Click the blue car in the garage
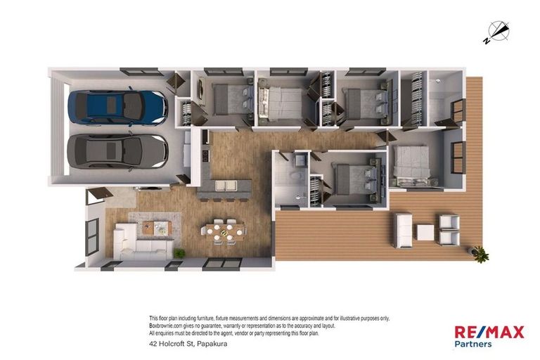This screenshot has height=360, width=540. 118,106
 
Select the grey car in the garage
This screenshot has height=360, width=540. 117,152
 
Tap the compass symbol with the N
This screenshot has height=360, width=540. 497,33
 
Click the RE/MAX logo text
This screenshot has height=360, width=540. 489,332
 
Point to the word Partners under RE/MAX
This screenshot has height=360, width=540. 473,344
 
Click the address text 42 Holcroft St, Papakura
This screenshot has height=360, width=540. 188,343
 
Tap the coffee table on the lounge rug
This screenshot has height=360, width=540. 157,227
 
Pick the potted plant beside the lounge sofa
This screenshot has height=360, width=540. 179,253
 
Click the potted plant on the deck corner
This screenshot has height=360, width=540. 479,255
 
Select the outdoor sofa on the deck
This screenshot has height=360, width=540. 404,231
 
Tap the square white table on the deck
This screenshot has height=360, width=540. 425,232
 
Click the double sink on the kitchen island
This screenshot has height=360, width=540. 226,186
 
